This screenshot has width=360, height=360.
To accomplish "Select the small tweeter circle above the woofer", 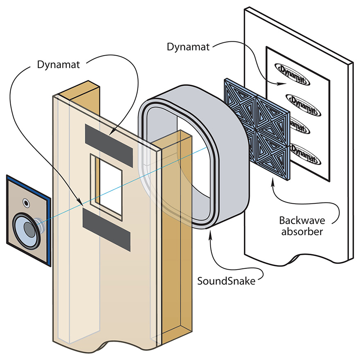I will click(x=26, y=202).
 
